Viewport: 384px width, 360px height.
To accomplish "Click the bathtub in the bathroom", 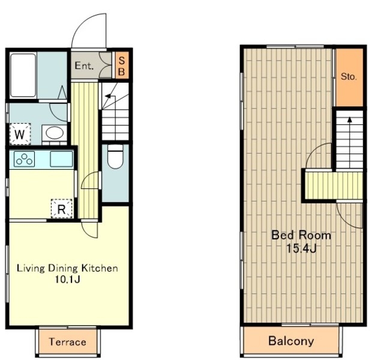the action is [x=23, y=76].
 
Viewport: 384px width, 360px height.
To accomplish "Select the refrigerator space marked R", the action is [x=61, y=209].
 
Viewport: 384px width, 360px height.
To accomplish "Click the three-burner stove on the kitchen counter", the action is [x=24, y=159].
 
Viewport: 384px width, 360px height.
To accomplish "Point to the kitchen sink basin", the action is [x=61, y=159].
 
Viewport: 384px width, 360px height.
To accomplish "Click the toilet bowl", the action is [x=115, y=157].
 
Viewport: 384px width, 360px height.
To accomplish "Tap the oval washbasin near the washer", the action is [x=55, y=133].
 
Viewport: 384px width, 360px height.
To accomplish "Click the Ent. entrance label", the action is [x=84, y=65].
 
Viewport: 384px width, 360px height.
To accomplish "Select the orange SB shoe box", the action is [x=122, y=65].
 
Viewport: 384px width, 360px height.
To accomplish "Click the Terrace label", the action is [x=68, y=342].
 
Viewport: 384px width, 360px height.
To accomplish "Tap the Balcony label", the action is [x=291, y=341].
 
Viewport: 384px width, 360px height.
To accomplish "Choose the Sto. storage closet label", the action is [x=349, y=77].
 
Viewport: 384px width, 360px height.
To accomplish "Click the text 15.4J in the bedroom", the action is [x=301, y=248].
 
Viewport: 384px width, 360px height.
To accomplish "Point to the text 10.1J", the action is [x=67, y=279].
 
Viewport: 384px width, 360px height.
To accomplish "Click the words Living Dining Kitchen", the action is [x=67, y=268].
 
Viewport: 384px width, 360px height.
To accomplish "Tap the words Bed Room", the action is [x=301, y=235].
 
